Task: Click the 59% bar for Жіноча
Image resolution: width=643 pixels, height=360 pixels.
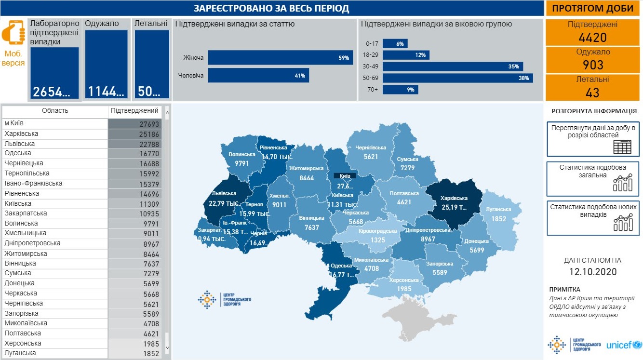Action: tap(280, 58)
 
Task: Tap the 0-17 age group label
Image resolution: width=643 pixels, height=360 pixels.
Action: tap(372, 43)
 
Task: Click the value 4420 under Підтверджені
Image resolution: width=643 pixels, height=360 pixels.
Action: tap(593, 38)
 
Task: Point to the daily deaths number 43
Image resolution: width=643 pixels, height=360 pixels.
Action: tap(593, 92)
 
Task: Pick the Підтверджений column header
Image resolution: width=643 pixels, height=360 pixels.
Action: tap(134, 111)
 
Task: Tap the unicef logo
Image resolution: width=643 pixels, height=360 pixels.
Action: tap(624, 345)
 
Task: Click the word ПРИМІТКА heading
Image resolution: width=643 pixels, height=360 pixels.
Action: tap(565, 289)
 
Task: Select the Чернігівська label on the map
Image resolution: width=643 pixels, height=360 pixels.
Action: tap(371, 147)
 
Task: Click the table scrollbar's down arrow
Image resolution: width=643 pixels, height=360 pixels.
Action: tap(167, 347)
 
